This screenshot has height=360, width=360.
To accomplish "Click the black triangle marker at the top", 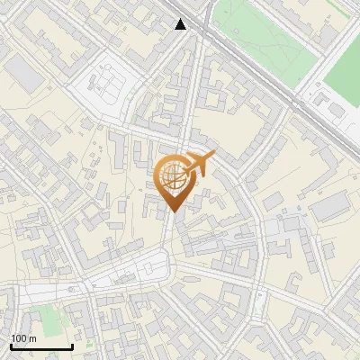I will coord(181,24).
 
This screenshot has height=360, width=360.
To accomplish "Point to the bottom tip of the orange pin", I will coord(172,211).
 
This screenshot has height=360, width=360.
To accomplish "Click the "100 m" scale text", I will coord(23,337).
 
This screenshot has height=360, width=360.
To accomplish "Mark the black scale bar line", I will coord(41,346).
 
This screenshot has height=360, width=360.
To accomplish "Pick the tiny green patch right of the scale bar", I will coord(89,345).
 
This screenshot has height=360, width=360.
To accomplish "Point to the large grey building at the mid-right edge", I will coord(328,208).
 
